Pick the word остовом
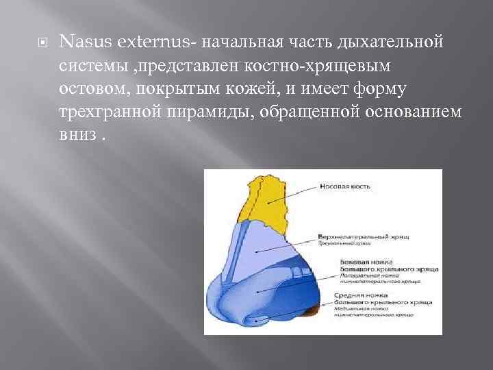tap(97, 90)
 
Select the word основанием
tap(404, 113)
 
